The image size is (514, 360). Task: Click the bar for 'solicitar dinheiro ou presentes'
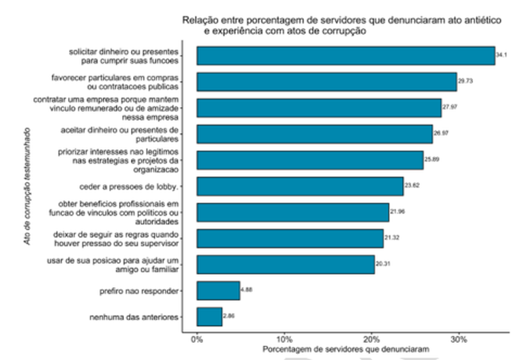[346, 55]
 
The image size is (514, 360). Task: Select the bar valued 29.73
[327, 82]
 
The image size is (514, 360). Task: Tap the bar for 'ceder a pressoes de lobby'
[300, 186]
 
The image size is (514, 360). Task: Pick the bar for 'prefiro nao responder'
[218, 291]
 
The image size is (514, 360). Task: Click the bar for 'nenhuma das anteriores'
[209, 317]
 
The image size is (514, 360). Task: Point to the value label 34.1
[502, 55]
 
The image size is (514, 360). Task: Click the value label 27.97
[449, 108]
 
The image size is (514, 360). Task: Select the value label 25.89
[431, 160]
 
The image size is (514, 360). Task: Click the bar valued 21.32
[290, 239]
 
